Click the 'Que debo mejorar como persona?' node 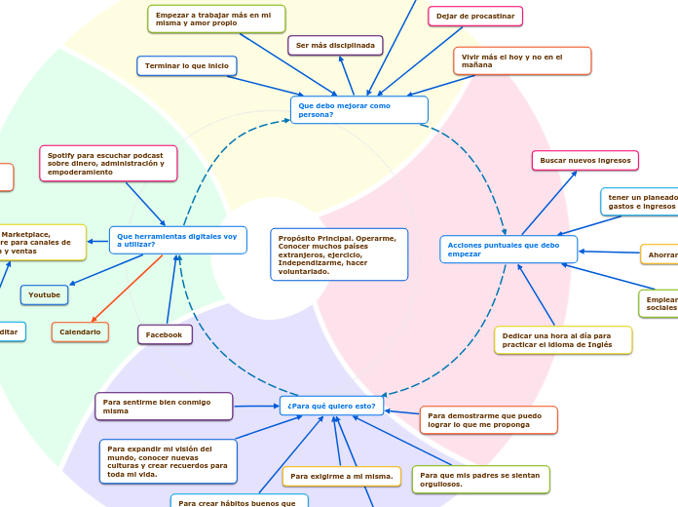[x=358, y=109]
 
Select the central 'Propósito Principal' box [x=339, y=254]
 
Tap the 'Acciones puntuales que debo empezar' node [x=508, y=250]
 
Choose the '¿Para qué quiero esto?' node [x=331, y=406]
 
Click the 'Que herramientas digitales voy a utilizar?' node [x=177, y=240]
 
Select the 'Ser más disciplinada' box [x=335, y=46]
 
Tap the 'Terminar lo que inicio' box [x=187, y=66]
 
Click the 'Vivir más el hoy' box [x=522, y=61]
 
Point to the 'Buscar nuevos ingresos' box [x=584, y=160]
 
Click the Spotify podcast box [x=108, y=164]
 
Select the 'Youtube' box [x=45, y=294]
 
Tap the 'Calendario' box [x=80, y=332]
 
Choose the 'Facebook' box [x=165, y=335]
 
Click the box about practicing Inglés [x=563, y=340]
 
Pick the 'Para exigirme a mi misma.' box [x=341, y=477]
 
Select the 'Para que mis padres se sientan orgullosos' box [x=480, y=480]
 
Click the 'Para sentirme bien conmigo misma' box [x=164, y=407]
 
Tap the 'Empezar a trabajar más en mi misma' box [x=216, y=19]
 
